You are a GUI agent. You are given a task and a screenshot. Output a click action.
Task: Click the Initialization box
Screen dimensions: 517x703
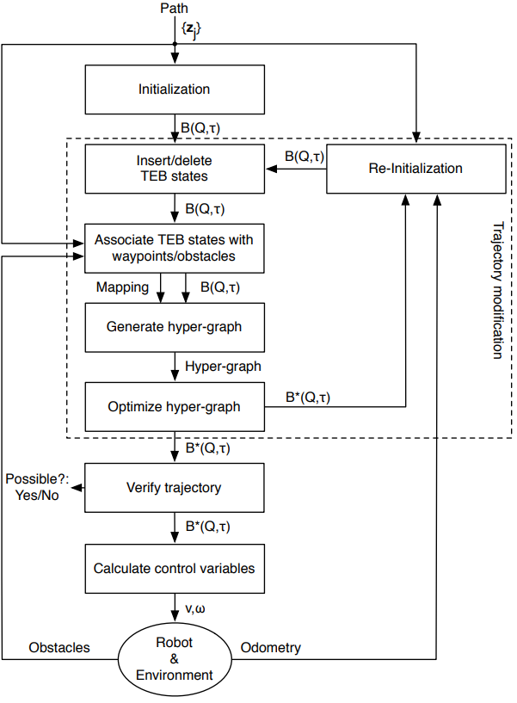[175, 89]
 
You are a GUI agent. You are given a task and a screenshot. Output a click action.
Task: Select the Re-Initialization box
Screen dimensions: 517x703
[416, 169]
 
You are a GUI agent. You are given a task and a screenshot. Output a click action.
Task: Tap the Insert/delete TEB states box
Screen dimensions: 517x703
[175, 169]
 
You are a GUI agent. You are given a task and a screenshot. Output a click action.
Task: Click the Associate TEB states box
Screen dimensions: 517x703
[175, 249]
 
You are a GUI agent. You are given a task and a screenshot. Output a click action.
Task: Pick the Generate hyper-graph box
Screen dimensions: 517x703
[175, 328]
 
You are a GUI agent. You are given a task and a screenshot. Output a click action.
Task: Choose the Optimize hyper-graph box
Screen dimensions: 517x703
[175, 407]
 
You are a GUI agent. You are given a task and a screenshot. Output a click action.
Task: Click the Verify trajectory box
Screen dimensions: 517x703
[175, 488]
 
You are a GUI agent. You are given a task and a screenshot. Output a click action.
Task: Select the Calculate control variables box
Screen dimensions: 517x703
[175, 569]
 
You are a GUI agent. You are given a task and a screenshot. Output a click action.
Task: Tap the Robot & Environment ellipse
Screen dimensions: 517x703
[175, 659]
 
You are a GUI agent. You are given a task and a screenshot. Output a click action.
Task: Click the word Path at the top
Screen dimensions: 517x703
[175, 8]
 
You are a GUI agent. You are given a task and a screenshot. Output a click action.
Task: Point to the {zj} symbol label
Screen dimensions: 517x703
[192, 30]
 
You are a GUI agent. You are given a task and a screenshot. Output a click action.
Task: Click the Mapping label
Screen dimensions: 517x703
[122, 287]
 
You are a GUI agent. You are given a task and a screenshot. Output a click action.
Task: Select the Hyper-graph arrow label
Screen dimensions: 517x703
[223, 367]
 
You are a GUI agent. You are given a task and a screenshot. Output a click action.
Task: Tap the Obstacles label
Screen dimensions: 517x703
[59, 647]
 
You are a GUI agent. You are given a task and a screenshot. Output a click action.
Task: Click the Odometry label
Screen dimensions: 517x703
[271, 648]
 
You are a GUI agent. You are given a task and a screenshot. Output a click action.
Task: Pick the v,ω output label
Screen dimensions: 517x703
[195, 609]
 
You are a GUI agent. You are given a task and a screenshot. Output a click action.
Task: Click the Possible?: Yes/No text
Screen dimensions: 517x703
[37, 487]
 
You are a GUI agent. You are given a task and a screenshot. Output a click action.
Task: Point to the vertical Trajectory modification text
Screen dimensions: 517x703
[498, 291]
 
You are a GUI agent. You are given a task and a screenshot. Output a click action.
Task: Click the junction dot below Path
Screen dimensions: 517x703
[175, 44]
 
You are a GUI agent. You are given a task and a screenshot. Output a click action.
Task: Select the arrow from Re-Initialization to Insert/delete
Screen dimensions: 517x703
[297, 169]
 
